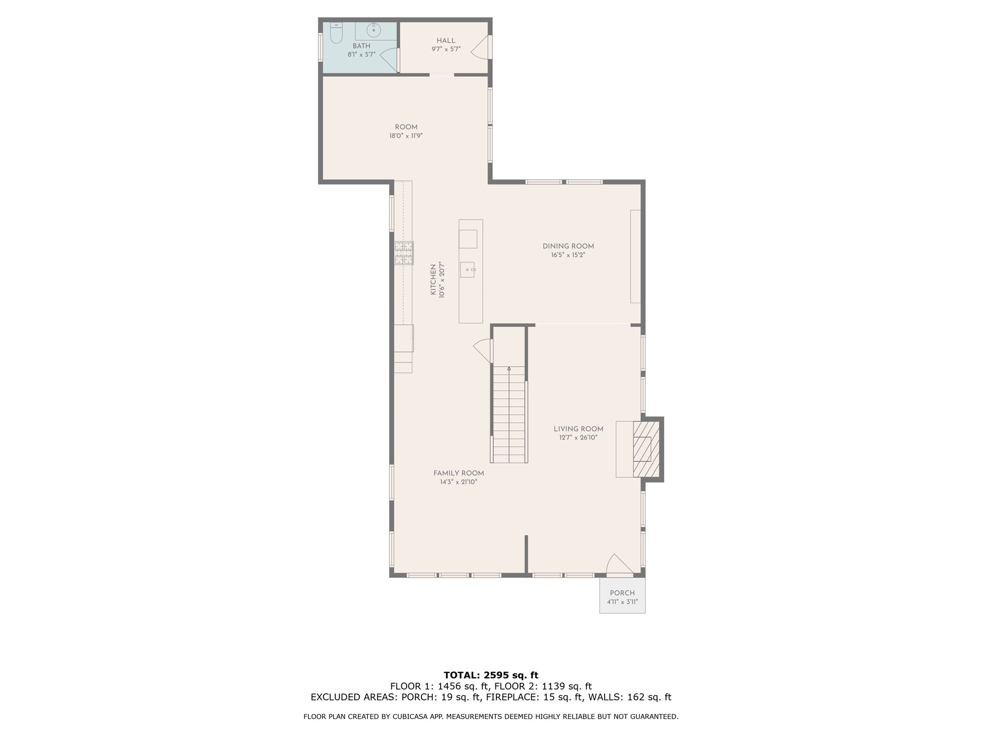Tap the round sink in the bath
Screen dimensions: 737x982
tap(374, 31)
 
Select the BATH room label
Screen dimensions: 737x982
tap(362, 46)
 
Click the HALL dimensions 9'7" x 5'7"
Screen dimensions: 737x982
tap(446, 49)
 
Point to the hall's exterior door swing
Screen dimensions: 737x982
tap(480, 48)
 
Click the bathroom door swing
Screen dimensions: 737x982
tap(389, 59)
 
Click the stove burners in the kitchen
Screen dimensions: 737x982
tap(404, 253)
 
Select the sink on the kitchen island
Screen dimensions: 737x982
tap(467, 270)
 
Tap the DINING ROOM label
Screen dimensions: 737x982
tap(568, 246)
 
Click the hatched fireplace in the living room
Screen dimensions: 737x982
tap(643, 449)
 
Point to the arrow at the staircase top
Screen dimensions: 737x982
tap(509, 368)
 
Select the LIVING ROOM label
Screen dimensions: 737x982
tap(578, 429)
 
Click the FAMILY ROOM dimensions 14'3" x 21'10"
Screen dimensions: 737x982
tap(458, 482)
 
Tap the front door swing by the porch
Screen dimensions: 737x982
tap(620, 564)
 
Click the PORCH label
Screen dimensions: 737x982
tap(622, 593)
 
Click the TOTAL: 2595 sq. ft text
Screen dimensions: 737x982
tap(491, 675)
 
